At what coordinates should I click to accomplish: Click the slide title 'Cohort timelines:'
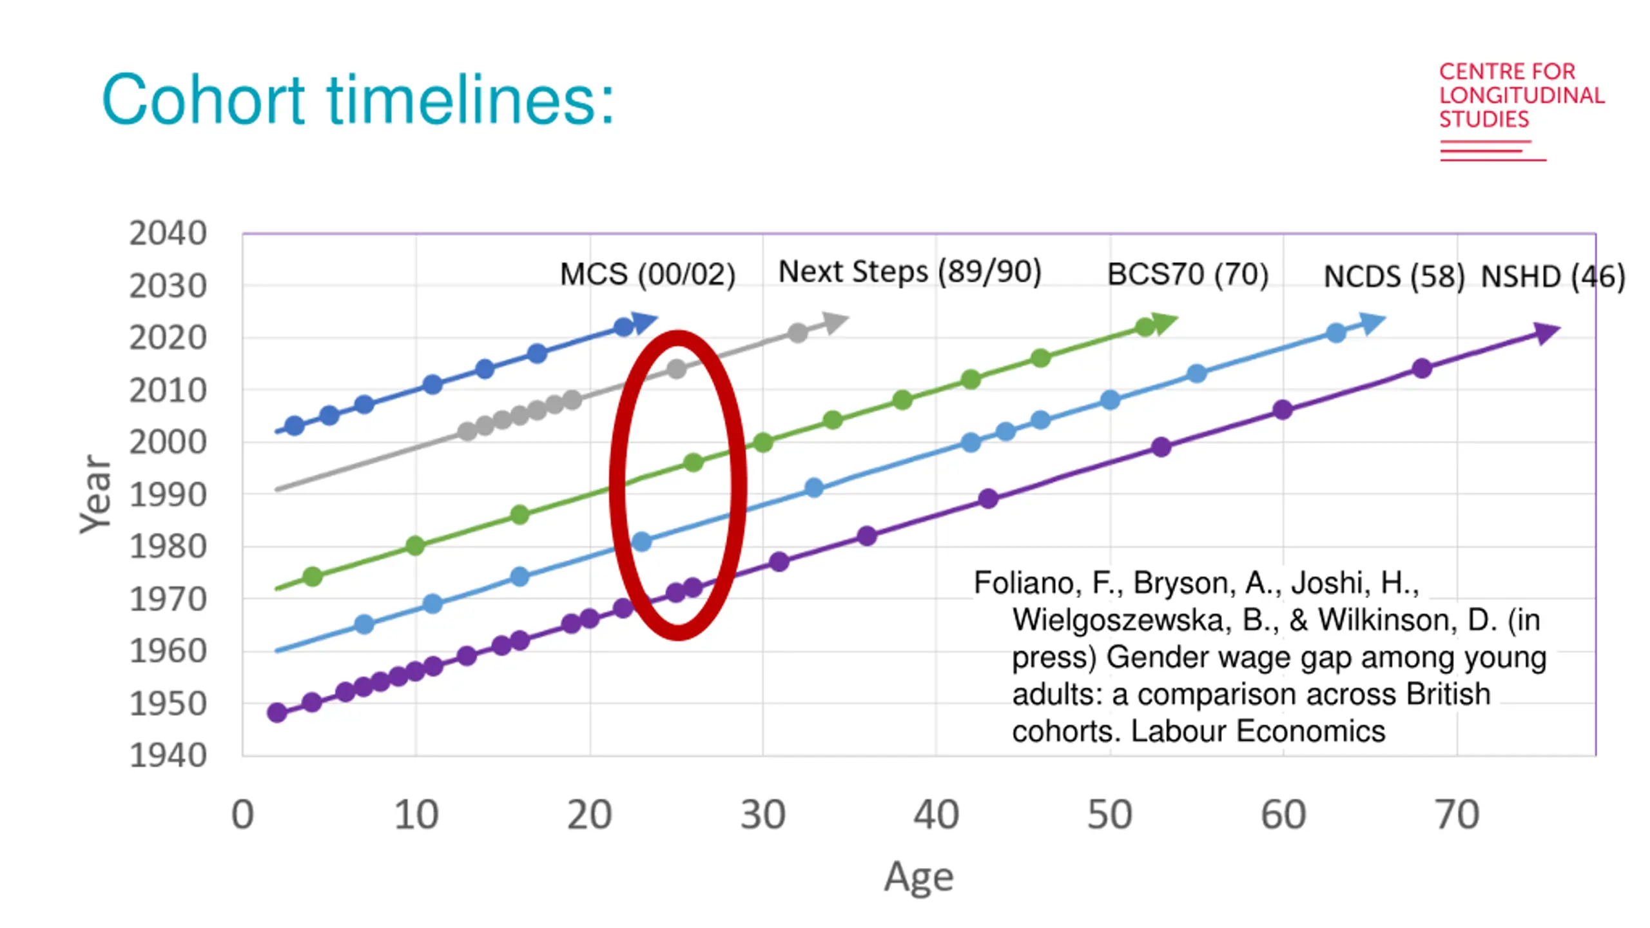[x=358, y=100]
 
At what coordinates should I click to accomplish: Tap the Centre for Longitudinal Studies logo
[x=1521, y=110]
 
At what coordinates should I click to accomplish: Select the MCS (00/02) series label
[x=647, y=275]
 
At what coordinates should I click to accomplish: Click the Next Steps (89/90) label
[x=909, y=272]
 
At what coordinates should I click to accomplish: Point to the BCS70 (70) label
[x=1187, y=275]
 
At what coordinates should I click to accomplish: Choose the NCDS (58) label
[x=1393, y=277]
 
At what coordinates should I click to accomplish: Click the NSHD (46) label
[x=1552, y=277]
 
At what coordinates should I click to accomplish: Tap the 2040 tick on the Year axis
[x=168, y=233]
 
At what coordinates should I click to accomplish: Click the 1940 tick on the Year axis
[x=168, y=755]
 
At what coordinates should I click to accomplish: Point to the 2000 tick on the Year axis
[x=168, y=443]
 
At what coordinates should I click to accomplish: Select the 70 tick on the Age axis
[x=1457, y=815]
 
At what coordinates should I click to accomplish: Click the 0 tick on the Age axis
[x=242, y=815]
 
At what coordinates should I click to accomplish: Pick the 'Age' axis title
[x=918, y=876]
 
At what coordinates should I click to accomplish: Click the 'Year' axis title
[x=95, y=494]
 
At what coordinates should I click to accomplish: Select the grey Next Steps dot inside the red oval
[x=676, y=369]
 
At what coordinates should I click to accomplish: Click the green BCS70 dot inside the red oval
[x=693, y=463]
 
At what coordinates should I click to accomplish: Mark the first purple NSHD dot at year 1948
[x=277, y=712]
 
